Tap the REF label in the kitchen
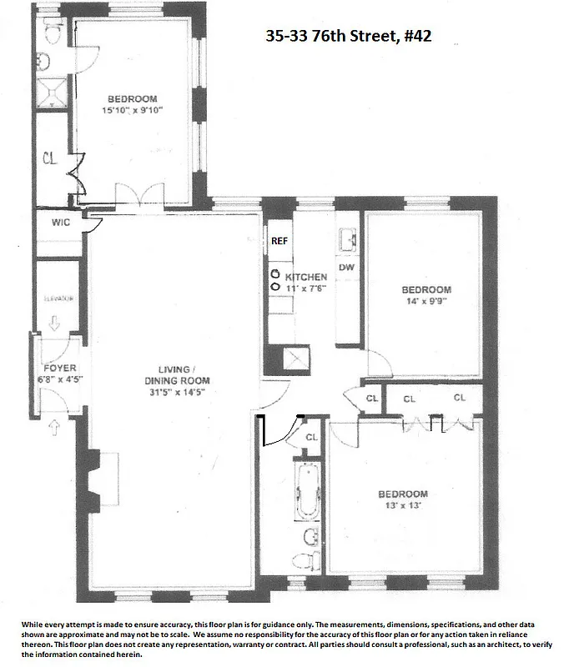pyautogui.click(x=279, y=241)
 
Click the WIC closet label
pyautogui.click(x=58, y=223)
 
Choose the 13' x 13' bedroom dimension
pyautogui.click(x=405, y=506)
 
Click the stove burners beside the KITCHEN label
pyautogui.click(x=274, y=279)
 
